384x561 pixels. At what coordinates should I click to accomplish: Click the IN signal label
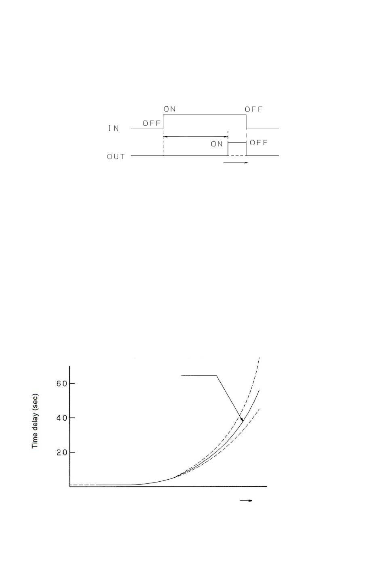[x=114, y=128]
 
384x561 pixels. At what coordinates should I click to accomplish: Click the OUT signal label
[x=116, y=157]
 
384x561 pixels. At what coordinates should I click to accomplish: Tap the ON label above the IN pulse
[x=170, y=109]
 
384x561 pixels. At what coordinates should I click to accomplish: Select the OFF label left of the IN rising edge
[x=152, y=123]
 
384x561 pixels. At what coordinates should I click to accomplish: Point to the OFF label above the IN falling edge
[x=253, y=109]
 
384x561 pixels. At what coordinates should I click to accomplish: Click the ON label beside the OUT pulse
[x=217, y=144]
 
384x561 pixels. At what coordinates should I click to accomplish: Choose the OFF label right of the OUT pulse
[x=259, y=142]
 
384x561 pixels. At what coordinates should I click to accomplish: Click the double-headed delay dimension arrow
[x=196, y=137]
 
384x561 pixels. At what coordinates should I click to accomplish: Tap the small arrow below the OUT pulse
[x=236, y=163]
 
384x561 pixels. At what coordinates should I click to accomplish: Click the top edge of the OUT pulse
[x=237, y=142]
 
